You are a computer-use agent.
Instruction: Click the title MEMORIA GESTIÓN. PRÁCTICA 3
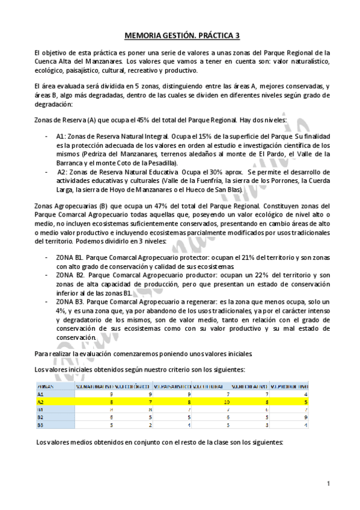click(x=180, y=35)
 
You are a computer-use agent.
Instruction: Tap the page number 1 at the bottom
click(x=329, y=484)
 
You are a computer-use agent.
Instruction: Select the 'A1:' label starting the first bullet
click(x=61, y=137)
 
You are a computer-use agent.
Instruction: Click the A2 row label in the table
click(x=41, y=402)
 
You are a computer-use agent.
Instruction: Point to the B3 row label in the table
click(x=41, y=425)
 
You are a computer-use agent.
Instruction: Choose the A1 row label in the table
click(x=41, y=395)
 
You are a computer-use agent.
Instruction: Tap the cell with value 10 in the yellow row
click(x=227, y=402)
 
